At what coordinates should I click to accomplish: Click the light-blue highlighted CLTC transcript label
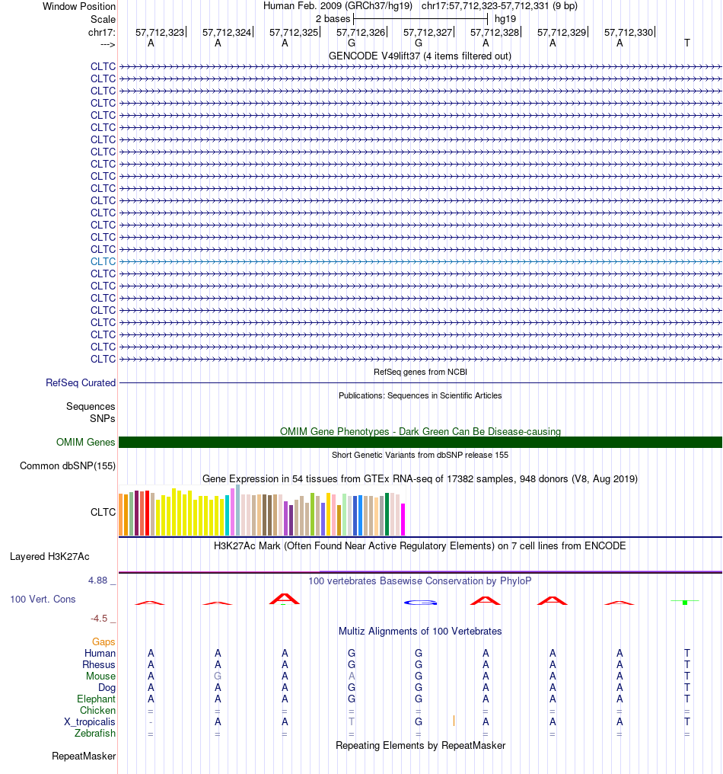click(103, 261)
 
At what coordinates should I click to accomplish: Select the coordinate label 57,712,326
click(361, 33)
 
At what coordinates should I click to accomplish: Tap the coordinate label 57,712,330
click(629, 33)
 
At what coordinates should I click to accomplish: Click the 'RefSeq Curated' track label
click(81, 382)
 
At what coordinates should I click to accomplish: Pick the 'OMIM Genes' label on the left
click(85, 443)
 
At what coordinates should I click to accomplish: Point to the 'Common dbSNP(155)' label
click(68, 466)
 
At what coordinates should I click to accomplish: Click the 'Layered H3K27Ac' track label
click(49, 557)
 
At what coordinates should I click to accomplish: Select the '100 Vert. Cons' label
click(43, 600)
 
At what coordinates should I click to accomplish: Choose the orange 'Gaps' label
click(104, 641)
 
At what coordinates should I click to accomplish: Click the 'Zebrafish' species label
click(94, 734)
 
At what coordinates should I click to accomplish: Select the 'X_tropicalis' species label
click(90, 722)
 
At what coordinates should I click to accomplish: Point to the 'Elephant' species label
click(96, 699)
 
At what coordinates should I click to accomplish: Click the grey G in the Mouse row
click(218, 676)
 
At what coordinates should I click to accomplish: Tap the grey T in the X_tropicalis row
click(352, 721)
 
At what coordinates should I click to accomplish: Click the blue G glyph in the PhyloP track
click(420, 603)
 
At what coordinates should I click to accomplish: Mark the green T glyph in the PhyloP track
click(685, 602)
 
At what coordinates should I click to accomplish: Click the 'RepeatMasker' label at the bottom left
click(84, 756)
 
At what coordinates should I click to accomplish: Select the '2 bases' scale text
click(333, 19)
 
